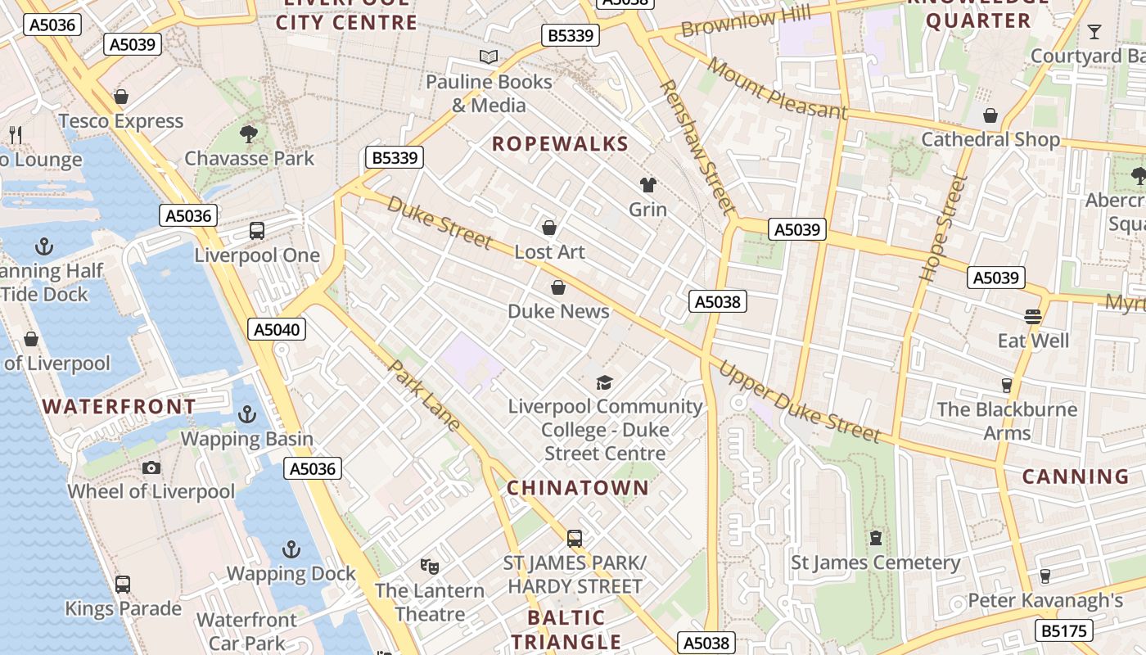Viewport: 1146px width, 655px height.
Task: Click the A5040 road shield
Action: click(x=277, y=329)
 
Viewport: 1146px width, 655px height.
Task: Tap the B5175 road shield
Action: click(x=1063, y=630)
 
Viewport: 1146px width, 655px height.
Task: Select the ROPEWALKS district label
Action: click(x=560, y=144)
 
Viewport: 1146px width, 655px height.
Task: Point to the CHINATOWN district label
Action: click(x=577, y=488)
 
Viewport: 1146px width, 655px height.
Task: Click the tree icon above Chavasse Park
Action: click(x=249, y=133)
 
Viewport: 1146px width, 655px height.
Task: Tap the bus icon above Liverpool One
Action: click(x=257, y=231)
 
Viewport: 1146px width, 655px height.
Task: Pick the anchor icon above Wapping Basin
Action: click(x=246, y=414)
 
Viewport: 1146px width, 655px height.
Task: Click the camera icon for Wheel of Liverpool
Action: click(x=151, y=468)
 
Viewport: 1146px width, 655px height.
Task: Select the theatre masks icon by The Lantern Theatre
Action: click(x=429, y=565)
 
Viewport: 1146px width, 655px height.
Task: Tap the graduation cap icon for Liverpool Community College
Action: click(x=604, y=382)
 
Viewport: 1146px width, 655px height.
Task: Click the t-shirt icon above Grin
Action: click(x=648, y=185)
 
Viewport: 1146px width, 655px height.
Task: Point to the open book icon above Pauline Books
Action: click(x=489, y=57)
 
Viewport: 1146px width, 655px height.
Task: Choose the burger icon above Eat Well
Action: click(x=1033, y=316)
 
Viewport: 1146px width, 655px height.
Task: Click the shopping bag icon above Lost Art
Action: click(x=549, y=227)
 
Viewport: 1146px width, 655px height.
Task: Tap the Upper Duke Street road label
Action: click(x=799, y=402)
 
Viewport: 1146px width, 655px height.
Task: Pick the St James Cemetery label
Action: click(x=875, y=562)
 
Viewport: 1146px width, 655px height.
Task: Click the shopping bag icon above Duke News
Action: click(x=558, y=287)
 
